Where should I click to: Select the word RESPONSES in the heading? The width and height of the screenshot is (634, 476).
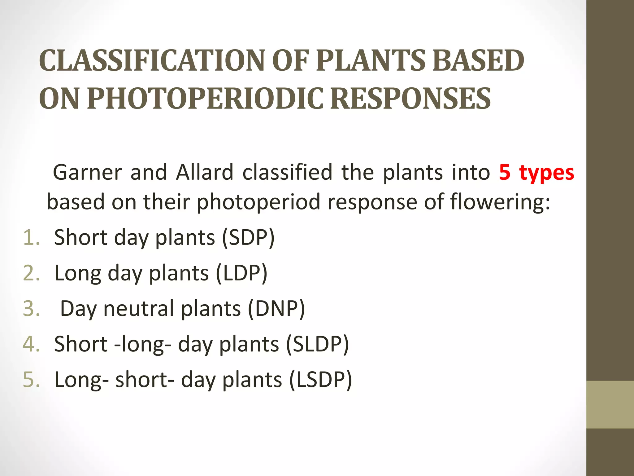point(410,99)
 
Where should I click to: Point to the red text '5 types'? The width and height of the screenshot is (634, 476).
point(536,173)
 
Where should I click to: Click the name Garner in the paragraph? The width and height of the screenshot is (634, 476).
point(88,173)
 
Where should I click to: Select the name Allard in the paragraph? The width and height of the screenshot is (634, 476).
point(204,173)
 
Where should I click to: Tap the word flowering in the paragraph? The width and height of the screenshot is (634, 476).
point(500,202)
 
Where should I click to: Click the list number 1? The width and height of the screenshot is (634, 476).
point(31,238)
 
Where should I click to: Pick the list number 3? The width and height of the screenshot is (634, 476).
point(31,309)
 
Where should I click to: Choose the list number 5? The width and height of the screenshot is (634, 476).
point(31,380)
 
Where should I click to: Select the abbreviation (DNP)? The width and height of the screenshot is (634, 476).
point(276,309)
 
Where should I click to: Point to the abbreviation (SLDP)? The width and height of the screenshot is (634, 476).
point(317,344)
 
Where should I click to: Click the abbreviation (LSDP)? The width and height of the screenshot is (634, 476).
point(320,380)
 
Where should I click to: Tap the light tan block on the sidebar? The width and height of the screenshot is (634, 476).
point(610,404)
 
